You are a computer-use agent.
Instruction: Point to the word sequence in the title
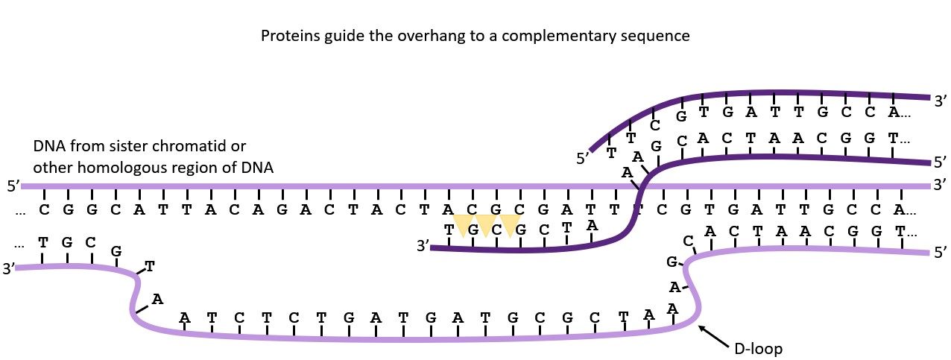pos(659,36)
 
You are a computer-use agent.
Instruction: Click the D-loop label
pos(759,348)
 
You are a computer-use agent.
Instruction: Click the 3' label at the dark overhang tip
pos(423,246)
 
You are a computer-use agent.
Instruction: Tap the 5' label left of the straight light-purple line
pos(12,186)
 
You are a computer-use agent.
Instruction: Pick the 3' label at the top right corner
pos(940,99)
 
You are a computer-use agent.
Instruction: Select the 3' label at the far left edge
pos(8,268)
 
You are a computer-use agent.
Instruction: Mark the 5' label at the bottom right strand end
pos(940,253)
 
